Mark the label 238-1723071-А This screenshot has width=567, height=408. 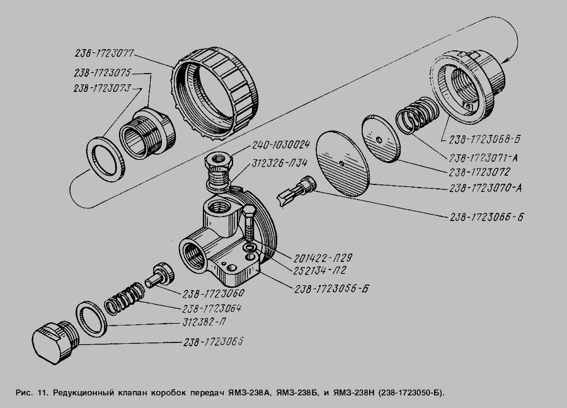(483, 157)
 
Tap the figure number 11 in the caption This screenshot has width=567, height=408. (43, 393)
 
